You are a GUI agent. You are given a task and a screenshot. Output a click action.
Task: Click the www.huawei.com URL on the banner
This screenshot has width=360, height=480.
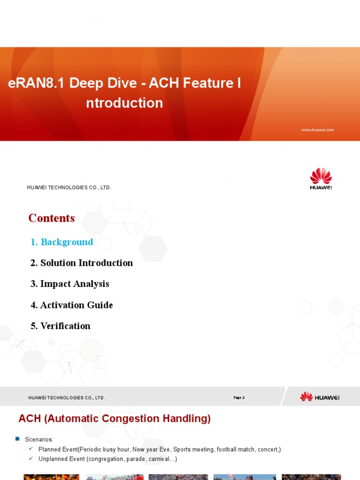coord(317,130)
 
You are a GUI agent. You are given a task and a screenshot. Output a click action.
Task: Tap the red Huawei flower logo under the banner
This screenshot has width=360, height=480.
coord(321,176)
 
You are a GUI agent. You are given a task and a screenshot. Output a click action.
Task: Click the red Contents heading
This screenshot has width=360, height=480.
coord(52,218)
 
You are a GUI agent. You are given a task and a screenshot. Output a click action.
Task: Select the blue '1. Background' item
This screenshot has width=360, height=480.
coord(62,242)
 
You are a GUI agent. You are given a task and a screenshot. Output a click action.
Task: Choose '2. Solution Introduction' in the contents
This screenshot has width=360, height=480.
coord(82,263)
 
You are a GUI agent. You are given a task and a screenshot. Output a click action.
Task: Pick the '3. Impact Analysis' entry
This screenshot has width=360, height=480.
coord(70,284)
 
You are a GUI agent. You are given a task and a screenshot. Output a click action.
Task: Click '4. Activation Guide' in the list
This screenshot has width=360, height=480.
coord(72,305)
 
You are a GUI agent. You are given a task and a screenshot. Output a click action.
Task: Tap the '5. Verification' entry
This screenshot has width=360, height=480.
coord(60,326)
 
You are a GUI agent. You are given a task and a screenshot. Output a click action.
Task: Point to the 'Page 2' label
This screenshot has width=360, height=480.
coord(239,397)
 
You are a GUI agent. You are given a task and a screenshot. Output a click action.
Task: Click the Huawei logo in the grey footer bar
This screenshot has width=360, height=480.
coord(320,397)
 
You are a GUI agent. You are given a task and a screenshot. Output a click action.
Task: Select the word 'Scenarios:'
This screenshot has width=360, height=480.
coord(39,440)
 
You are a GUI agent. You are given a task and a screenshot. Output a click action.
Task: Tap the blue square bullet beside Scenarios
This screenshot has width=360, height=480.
coord(17,439)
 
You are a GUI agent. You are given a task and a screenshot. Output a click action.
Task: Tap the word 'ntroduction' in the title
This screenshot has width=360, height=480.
coord(124,103)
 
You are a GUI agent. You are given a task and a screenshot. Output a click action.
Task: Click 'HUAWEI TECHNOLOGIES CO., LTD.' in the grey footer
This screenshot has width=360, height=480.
coord(67,398)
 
